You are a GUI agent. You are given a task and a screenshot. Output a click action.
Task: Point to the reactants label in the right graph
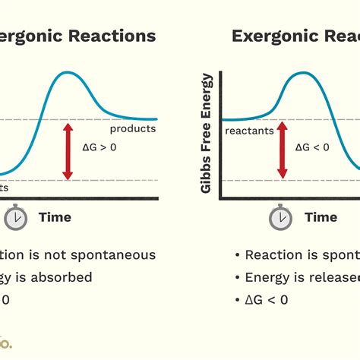tap(248, 131)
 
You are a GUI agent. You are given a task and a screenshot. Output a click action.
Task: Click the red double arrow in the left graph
tap(68, 151)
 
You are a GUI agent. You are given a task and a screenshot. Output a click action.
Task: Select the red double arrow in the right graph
tap(283, 150)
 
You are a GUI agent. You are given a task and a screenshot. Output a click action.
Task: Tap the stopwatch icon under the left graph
tap(15, 217)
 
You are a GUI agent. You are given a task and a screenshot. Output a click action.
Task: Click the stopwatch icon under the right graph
tap(280, 217)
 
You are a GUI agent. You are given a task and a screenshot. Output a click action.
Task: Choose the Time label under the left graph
tap(55, 217)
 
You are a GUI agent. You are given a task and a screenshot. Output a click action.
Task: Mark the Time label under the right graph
tap(321, 217)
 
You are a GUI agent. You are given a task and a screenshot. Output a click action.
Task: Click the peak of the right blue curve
tap(302, 73)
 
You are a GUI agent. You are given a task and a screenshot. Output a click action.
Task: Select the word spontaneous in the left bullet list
tap(114, 255)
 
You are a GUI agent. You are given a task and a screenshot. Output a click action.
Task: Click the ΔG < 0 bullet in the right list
tap(267, 299)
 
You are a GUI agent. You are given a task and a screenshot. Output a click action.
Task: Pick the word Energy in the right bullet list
tap(266, 277)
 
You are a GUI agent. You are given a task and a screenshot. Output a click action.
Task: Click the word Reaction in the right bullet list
tap(273, 255)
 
